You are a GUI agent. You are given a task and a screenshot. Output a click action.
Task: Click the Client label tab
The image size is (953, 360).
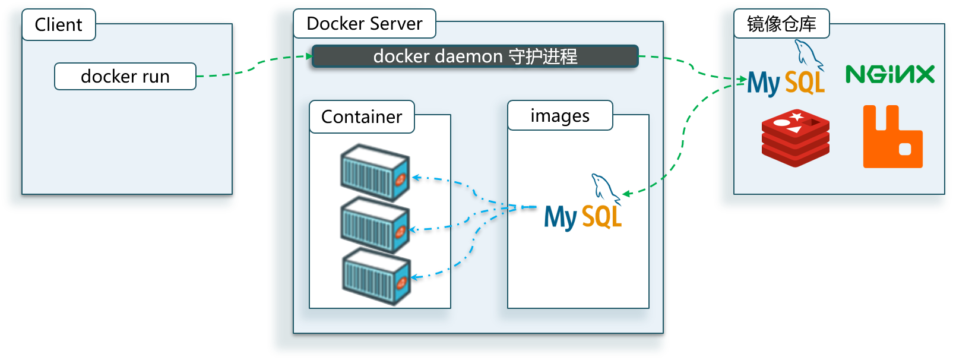point(59,25)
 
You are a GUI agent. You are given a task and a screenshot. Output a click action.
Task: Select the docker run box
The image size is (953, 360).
point(125,77)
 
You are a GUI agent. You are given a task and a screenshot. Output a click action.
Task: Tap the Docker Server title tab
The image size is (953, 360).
point(364,24)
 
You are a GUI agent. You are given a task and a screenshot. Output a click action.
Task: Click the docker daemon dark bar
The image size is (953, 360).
point(474,56)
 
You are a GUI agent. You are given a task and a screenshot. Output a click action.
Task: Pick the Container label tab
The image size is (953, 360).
point(362,117)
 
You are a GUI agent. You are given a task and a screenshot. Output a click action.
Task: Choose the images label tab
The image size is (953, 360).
point(560,116)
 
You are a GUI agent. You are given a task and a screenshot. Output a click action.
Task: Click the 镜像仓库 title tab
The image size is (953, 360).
point(781,24)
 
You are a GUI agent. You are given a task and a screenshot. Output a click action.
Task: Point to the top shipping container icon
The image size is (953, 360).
point(375,172)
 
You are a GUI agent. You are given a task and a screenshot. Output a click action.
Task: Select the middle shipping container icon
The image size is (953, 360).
point(375,225)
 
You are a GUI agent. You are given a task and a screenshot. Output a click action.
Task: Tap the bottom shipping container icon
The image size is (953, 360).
point(376,276)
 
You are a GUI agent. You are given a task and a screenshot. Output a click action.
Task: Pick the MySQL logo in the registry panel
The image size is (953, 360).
point(786,71)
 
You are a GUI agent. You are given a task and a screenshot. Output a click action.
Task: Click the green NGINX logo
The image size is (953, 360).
point(890,74)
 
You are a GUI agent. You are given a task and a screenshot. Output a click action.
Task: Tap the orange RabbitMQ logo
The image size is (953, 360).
point(892,137)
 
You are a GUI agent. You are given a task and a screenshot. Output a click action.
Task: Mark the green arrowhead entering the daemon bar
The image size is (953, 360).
point(308,56)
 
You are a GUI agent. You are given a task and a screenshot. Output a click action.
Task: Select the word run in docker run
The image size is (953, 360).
point(156,77)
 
